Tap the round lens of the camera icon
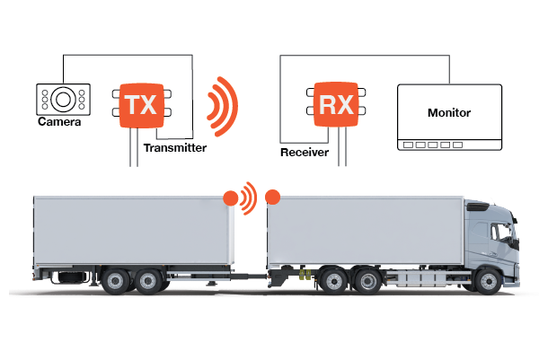[62, 97]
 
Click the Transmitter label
[175, 147]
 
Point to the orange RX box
[340, 104]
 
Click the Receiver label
[305, 153]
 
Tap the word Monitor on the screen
[448, 113]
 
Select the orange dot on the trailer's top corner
[231, 197]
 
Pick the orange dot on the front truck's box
[273, 197]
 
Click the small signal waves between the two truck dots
[251, 196]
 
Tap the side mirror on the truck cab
[514, 239]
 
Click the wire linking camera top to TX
[126, 55]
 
